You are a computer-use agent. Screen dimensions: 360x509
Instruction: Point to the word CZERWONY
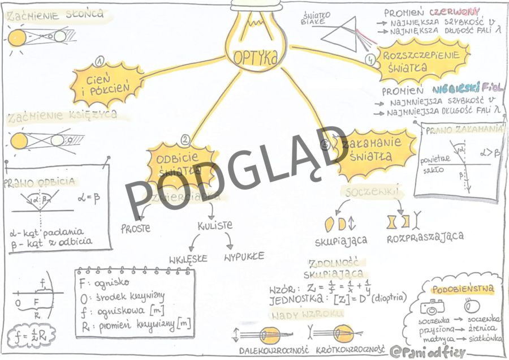[x=454, y=12]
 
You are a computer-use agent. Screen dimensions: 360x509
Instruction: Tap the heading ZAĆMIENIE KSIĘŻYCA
[x=62, y=115]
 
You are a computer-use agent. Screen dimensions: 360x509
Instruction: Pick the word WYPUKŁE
[x=244, y=256]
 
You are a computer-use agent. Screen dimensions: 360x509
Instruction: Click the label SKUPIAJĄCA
[x=341, y=240]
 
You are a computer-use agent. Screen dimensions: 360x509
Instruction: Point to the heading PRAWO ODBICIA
[x=40, y=182]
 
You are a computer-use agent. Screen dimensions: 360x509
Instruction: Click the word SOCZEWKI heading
[x=371, y=192]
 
